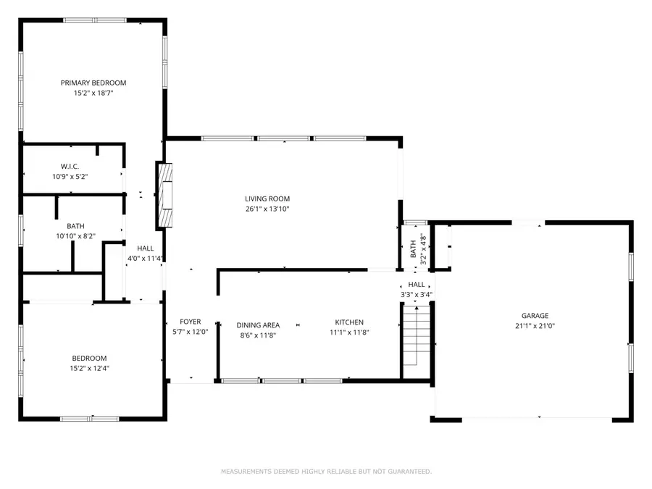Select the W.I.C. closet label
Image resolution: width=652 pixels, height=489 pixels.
point(70,167)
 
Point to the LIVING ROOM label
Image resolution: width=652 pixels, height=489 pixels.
point(267,198)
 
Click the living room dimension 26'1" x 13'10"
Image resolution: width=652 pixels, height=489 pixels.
point(267,209)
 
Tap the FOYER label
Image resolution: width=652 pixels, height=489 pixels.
point(190,322)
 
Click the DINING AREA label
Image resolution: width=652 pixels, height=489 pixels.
point(257,325)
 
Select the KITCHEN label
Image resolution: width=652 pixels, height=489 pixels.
point(348,322)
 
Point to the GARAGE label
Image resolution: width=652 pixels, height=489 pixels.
point(535,316)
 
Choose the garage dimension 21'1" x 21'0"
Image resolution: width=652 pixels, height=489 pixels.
point(535,327)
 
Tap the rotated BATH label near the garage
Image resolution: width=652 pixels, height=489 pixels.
point(414,248)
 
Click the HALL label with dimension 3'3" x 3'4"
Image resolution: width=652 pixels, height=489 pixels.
point(417,285)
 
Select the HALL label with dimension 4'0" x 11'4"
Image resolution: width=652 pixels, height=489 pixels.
point(144,248)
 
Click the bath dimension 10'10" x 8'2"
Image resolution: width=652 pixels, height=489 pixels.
point(75,236)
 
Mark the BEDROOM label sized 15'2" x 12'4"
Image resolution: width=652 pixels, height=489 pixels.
point(89,358)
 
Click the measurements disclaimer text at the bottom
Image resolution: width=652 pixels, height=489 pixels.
point(326,472)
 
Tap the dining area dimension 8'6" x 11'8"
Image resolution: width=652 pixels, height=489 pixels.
point(257,335)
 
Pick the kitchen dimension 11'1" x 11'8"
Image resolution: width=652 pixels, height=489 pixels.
point(348,333)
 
